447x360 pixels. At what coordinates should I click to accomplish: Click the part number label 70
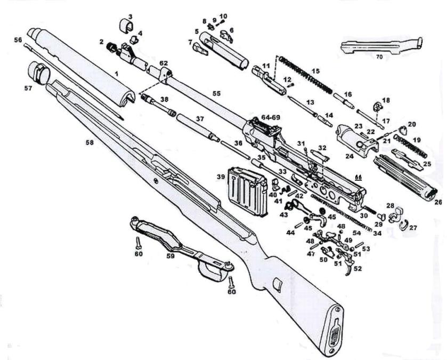click(x=379, y=55)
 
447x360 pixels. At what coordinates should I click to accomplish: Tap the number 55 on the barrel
click(x=216, y=93)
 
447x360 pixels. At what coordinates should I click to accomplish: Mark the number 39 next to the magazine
click(x=220, y=177)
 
